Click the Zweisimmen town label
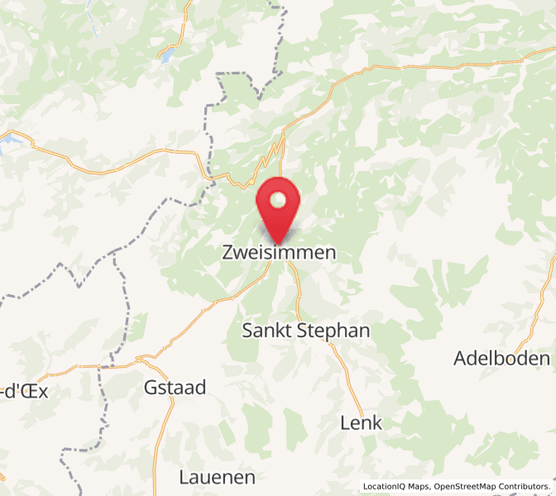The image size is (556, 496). (279, 253)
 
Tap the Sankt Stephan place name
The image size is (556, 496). (305, 331)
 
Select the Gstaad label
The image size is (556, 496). (175, 387)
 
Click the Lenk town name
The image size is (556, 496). (362, 423)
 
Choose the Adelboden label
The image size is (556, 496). (501, 358)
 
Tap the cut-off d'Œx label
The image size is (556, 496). (25, 392)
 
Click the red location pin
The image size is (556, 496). (279, 207)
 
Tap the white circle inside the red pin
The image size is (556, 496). (279, 200)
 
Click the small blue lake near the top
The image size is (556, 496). (167, 55)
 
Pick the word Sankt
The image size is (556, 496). (265, 331)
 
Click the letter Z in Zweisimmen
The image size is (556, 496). (229, 253)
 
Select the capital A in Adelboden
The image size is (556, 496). (461, 358)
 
